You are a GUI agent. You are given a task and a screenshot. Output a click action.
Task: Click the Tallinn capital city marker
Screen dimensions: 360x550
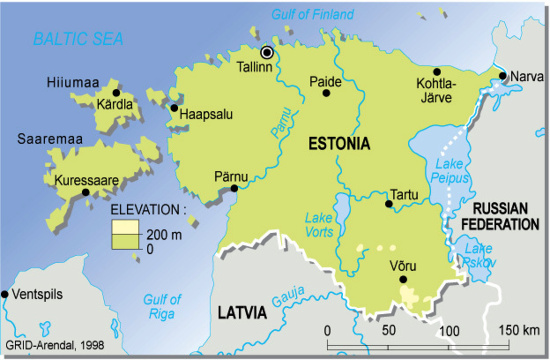pos(267,52)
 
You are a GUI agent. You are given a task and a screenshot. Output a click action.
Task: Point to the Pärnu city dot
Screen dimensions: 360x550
pos(234,187)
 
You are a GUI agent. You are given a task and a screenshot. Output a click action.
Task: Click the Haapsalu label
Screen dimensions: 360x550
pos(207,114)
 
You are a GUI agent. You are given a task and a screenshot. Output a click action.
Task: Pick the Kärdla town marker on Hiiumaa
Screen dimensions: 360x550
pos(116,92)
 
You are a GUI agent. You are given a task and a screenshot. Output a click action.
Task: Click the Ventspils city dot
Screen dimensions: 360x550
pos(5,294)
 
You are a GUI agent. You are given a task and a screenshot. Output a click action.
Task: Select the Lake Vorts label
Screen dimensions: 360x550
pos(319,225)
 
